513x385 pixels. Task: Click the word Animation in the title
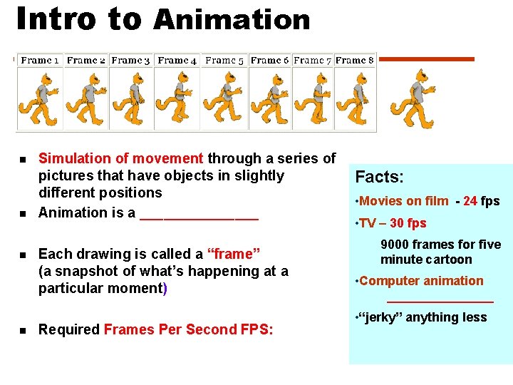coord(232,20)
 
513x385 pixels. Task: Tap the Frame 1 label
coord(41,61)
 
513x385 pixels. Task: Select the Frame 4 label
coord(177,61)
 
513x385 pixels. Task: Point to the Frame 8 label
coord(354,61)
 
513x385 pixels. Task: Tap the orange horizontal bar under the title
coord(425,59)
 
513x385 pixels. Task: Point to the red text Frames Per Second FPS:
coord(188,329)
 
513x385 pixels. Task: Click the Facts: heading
coord(380,177)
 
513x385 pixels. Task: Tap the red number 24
coord(470,201)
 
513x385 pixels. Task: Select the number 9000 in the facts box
coord(395,245)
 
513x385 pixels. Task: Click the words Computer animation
coord(421,281)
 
